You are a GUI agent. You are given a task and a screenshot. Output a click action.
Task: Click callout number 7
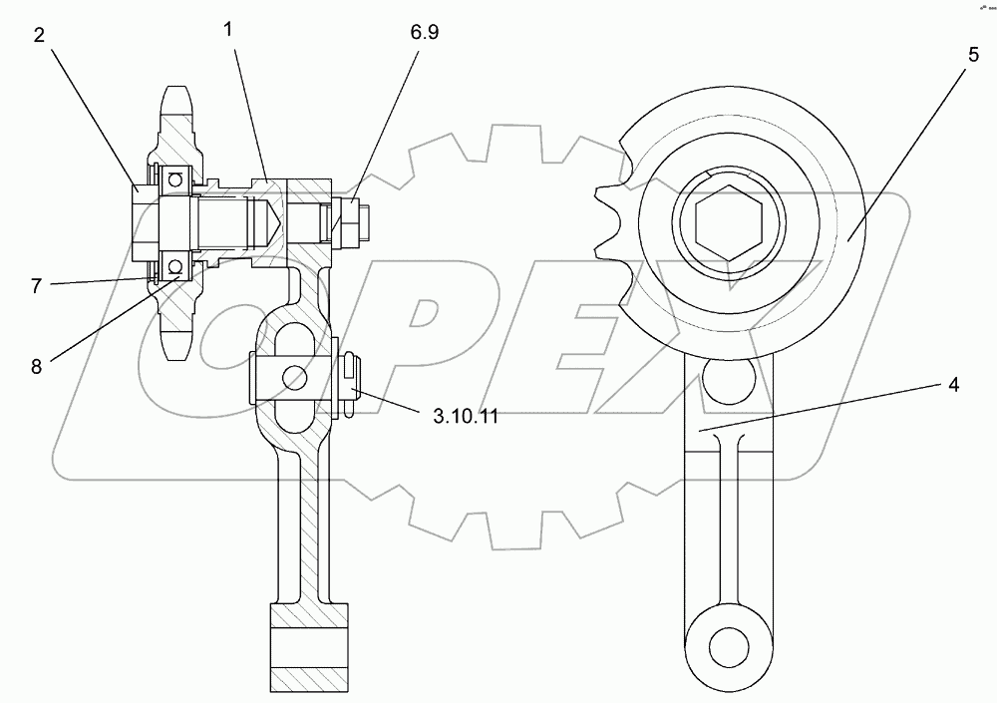(37, 284)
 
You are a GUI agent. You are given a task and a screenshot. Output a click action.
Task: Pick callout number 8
(37, 366)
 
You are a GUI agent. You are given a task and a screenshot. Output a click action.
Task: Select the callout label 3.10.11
(466, 416)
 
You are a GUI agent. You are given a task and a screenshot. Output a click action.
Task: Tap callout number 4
(953, 386)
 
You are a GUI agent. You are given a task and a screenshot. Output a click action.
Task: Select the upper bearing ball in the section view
(175, 179)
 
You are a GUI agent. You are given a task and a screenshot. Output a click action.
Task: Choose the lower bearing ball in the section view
(175, 266)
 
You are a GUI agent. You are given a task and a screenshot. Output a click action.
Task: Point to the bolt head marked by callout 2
(143, 221)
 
